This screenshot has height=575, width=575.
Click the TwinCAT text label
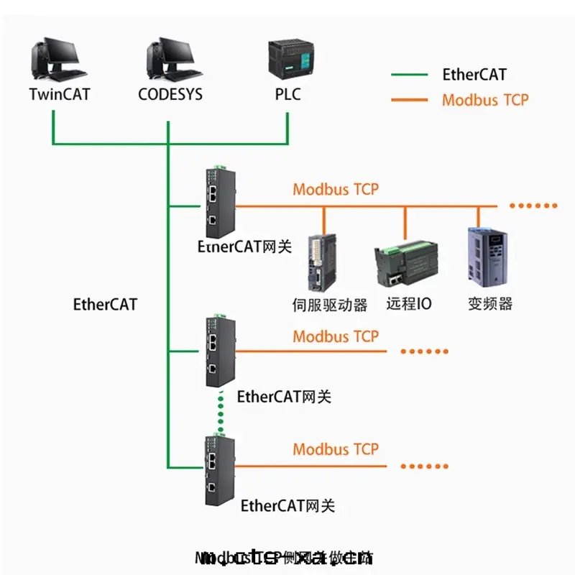pyautogui.click(x=60, y=95)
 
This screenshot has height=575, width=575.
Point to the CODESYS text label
pyautogui.click(x=170, y=95)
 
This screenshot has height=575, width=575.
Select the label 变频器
pyautogui.click(x=490, y=303)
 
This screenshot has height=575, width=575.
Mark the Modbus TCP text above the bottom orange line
pyautogui.click(x=335, y=450)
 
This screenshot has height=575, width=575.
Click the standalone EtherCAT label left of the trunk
pyautogui.click(x=105, y=303)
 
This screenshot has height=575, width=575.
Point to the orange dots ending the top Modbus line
pyautogui.click(x=533, y=206)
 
